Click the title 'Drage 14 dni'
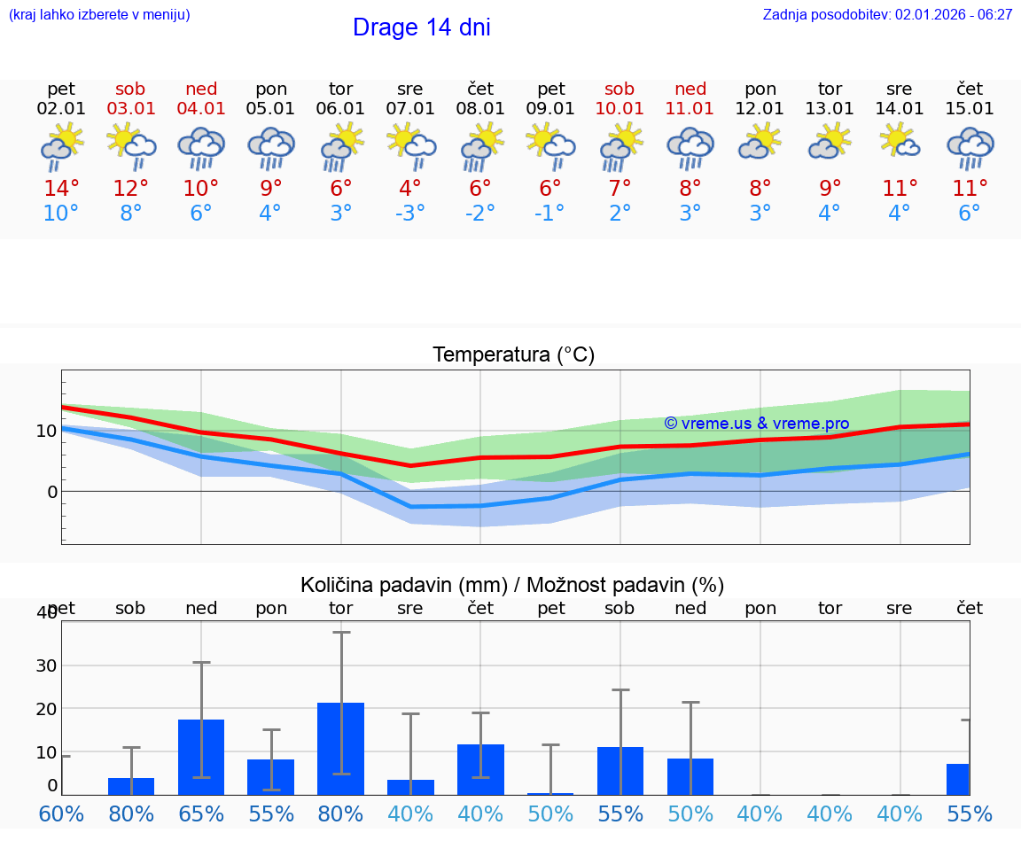(421, 27)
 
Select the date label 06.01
(340, 109)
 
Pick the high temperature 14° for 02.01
(61, 188)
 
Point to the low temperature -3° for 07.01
(410, 214)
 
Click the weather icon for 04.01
(201, 147)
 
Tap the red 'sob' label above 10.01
(620, 89)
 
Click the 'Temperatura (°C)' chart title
(513, 354)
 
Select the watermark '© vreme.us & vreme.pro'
(756, 424)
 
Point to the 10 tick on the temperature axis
(47, 432)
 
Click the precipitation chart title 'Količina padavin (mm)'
(403, 585)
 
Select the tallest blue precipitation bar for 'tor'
(341, 748)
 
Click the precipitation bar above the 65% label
(201, 757)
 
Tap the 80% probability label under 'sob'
(131, 813)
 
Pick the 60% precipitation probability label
(61, 813)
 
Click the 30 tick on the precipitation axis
(46, 666)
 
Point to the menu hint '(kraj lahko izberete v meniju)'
(98, 14)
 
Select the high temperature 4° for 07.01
(410, 188)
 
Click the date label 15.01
(970, 109)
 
